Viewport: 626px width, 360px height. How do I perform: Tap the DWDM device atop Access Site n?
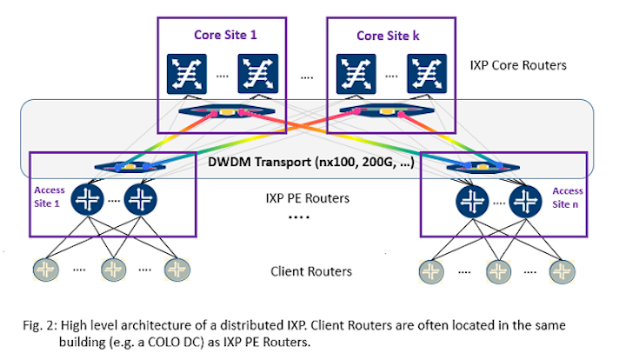pos(469,165)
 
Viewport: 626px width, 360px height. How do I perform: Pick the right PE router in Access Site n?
pos(527,200)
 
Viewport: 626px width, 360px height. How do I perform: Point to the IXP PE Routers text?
pos(309,199)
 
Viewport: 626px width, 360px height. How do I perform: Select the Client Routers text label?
pos(311,271)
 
